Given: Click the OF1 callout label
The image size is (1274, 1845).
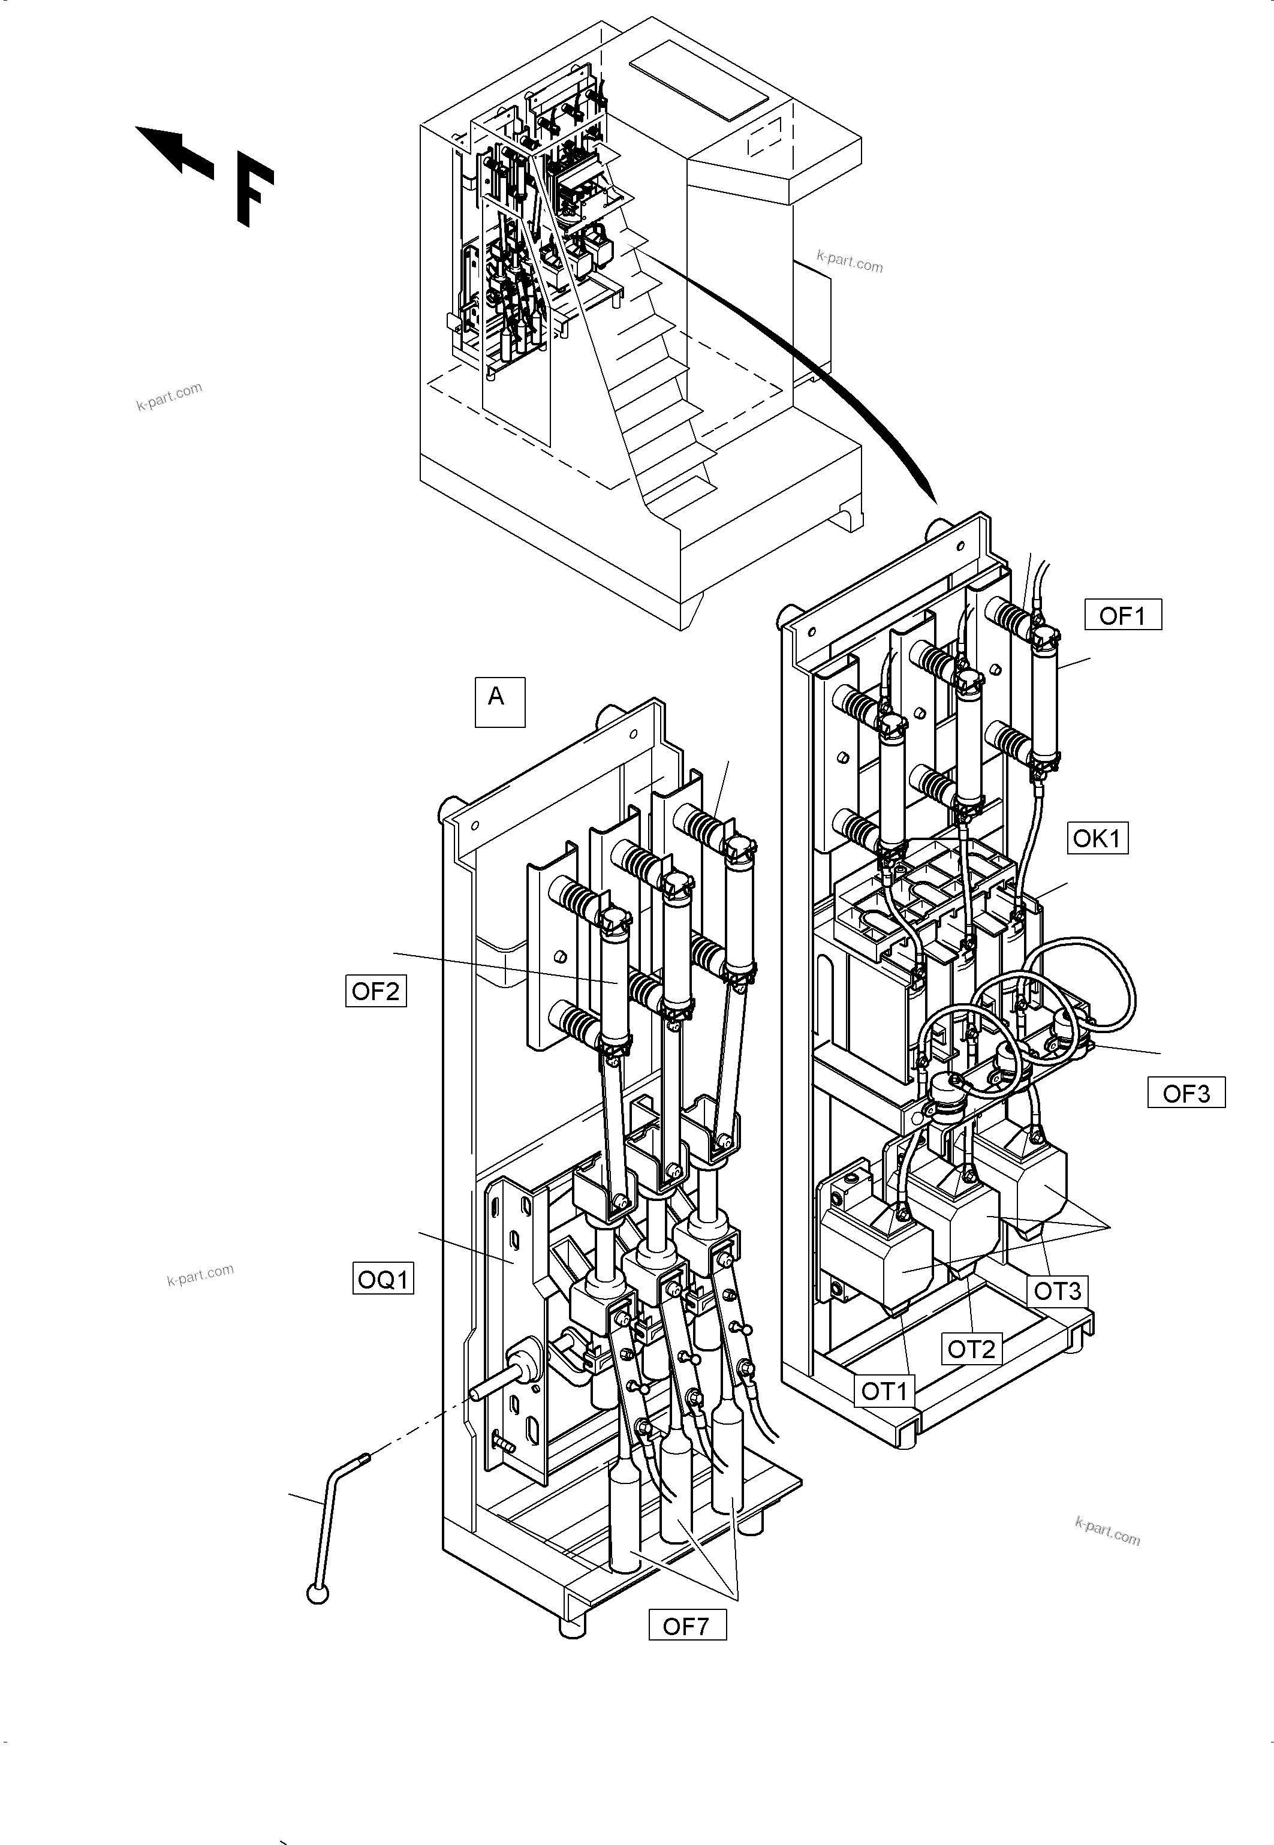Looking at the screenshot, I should point(1122,615).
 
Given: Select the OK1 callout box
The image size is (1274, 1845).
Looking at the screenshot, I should point(1098,838).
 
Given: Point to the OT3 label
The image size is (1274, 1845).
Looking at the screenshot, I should point(1057,1290).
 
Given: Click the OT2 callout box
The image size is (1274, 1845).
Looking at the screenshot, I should point(971,1349).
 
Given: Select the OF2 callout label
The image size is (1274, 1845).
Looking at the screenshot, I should point(375,991).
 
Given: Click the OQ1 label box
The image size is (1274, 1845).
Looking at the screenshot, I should point(383,1279).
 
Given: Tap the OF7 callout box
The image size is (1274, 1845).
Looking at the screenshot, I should point(686,1626).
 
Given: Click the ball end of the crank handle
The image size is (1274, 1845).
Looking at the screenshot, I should point(318,1594).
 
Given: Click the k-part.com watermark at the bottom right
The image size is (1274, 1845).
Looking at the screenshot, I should point(1107,1530).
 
